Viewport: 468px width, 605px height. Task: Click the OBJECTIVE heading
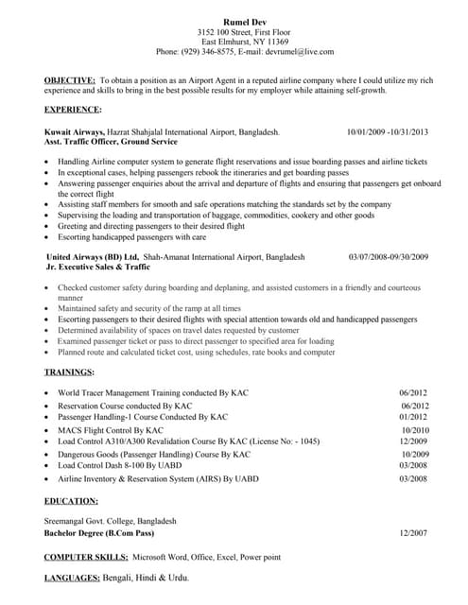click(x=70, y=82)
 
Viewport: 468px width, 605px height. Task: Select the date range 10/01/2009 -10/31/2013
click(x=388, y=132)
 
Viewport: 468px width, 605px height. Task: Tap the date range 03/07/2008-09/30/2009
click(x=389, y=257)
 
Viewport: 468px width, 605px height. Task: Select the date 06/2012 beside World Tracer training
click(x=414, y=393)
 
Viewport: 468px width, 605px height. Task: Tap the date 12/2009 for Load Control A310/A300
click(x=414, y=441)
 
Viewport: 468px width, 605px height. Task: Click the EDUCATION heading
click(x=71, y=500)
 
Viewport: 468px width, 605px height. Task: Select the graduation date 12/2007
click(x=414, y=533)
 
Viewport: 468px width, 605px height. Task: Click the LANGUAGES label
click(x=78, y=579)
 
